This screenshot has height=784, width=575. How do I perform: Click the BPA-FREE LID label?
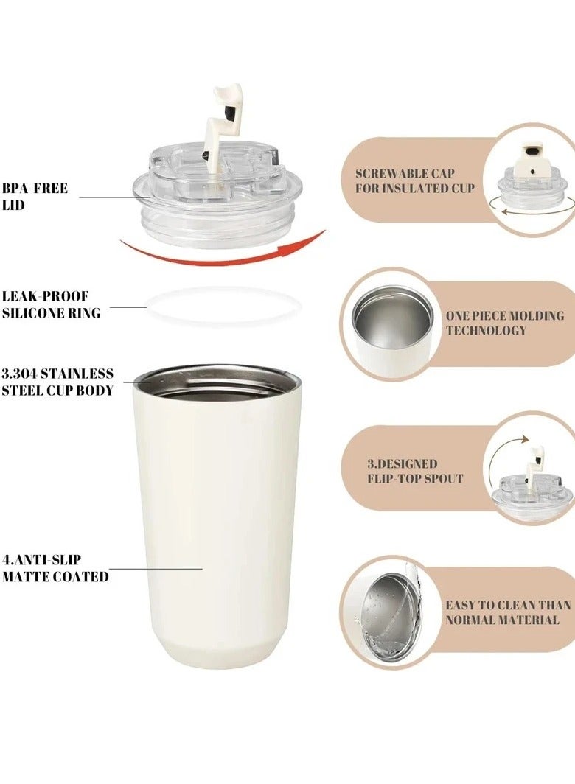(35, 197)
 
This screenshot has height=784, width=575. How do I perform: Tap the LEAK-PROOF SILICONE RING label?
(50, 304)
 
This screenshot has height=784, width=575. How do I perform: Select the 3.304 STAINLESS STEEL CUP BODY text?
(57, 382)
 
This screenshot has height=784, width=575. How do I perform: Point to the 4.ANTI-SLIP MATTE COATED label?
(55, 569)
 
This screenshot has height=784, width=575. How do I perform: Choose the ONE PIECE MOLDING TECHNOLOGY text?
(504, 323)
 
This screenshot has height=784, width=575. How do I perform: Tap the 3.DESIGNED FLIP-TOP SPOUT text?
(415, 472)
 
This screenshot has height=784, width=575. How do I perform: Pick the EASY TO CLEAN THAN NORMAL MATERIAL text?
(507, 612)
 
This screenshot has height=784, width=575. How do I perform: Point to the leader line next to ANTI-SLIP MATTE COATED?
(156, 568)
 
